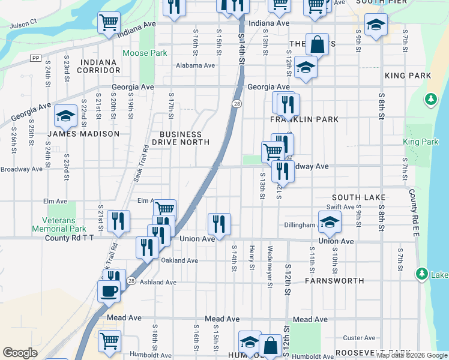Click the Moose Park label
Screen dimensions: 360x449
tap(144, 53)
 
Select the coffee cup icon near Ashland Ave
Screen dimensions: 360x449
tap(109, 292)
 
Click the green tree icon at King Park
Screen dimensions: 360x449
tap(430, 99)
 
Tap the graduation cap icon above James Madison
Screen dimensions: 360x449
tap(65, 116)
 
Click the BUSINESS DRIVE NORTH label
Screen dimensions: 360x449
tap(180, 138)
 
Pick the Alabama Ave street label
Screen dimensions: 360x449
tap(195, 65)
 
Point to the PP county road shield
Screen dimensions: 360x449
tap(37, 58)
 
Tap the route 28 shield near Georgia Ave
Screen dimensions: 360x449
tap(237, 104)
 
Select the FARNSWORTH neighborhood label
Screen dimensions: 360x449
tap(334, 280)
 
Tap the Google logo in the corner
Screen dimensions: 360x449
tap(20, 353)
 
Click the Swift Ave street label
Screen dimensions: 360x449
tap(340, 207)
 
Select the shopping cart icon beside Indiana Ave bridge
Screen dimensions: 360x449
tap(109, 23)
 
